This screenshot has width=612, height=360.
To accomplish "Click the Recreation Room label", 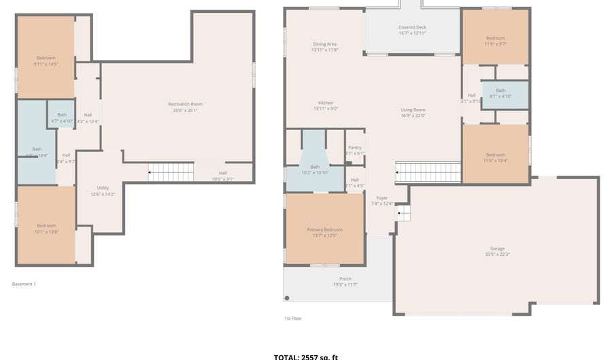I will point(185,104).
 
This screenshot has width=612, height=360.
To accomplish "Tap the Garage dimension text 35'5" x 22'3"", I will point(497,255).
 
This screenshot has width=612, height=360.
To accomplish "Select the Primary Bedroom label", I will point(324,230).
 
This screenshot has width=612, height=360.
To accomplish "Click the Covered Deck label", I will point(412,27).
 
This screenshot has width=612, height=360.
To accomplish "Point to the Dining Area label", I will point(324,44).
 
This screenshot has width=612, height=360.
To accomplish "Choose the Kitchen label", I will point(325,103).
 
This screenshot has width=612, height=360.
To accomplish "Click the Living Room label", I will point(412,110).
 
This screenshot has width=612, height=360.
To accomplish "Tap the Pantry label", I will point(354,148).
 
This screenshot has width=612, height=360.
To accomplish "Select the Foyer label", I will point(382,197).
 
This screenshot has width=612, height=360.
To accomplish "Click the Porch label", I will point(345,279).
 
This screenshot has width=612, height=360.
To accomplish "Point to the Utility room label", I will point(103,188).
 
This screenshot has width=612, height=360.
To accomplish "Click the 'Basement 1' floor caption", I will point(24,284).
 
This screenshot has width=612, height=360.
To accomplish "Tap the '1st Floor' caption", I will point(293,318).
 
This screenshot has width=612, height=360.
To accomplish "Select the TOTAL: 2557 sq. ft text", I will point(305,356).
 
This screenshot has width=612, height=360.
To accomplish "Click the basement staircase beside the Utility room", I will point(170,173).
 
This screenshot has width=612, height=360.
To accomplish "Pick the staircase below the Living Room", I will point(428,172).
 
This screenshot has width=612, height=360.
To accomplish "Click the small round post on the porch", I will point(287,298).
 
